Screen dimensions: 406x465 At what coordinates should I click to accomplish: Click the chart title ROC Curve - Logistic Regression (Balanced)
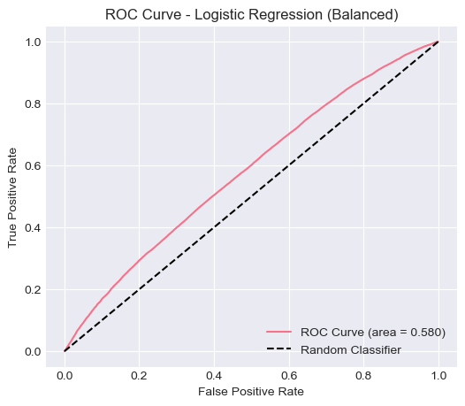point(251,14)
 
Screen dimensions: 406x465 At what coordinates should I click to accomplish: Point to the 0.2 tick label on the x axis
point(139,374)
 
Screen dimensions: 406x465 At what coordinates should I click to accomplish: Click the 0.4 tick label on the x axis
point(214,374)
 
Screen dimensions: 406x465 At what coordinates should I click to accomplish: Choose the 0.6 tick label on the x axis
point(289,374)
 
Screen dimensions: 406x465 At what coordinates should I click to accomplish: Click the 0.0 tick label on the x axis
point(65,374)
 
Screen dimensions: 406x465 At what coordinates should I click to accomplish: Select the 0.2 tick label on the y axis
point(33,290)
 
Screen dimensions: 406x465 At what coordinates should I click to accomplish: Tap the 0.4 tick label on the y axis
point(33,228)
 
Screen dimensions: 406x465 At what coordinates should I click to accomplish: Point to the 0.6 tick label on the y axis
point(33,166)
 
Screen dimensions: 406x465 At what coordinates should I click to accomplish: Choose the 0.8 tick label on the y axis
point(33,104)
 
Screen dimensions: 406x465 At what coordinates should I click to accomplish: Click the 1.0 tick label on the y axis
point(33,42)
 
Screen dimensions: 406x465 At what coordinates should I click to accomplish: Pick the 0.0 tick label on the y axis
point(33,352)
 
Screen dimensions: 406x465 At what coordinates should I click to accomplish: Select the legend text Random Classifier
point(351,349)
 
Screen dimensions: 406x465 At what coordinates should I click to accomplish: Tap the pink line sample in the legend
point(279,332)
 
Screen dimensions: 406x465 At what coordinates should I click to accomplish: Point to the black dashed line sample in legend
point(279,349)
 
